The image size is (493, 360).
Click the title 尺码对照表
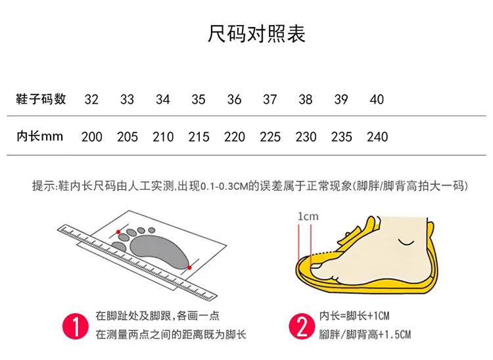coord(256,34)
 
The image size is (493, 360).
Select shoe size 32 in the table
coord(91,99)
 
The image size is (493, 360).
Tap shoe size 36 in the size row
coord(234,99)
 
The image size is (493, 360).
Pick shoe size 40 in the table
coord(377,99)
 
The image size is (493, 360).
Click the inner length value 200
coord(92,137)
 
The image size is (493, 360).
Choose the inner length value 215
coord(199,137)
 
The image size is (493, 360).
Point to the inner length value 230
coord(306,137)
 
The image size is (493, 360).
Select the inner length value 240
coord(377,137)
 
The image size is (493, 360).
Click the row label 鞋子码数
coord(41,99)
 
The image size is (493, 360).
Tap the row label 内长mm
coord(39,137)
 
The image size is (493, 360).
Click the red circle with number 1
coord(76,326)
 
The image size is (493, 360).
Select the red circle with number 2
coord(302,326)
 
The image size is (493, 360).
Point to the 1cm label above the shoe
coord(308,216)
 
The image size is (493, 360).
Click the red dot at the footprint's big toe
coord(118,232)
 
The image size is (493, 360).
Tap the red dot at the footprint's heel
coord(189,267)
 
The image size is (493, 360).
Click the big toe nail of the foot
coord(316,267)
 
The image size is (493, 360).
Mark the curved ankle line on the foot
coord(406,242)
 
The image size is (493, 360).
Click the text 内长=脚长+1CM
coord(354,316)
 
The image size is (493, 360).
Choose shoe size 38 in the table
coord(305,99)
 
